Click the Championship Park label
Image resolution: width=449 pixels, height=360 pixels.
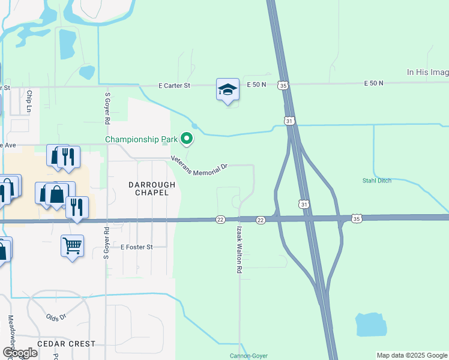(x=142, y=139)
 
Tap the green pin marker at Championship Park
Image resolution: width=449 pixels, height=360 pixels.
(x=187, y=139)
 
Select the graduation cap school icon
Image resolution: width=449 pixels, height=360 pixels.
(x=228, y=90)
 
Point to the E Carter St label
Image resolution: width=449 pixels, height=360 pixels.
(x=174, y=86)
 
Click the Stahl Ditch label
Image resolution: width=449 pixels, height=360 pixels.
(x=378, y=180)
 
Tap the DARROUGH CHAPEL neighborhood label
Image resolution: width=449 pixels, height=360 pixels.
(x=152, y=189)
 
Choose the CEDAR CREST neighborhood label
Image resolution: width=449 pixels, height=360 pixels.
(x=66, y=344)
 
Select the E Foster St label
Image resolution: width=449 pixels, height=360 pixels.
(x=137, y=247)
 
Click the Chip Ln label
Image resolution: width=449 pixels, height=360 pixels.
(x=28, y=101)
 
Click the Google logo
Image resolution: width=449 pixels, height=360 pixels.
(x=20, y=353)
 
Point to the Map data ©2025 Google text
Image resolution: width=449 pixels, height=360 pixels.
(x=412, y=355)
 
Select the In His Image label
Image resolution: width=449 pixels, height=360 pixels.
(x=427, y=72)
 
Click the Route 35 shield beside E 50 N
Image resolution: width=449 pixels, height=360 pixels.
(x=282, y=86)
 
